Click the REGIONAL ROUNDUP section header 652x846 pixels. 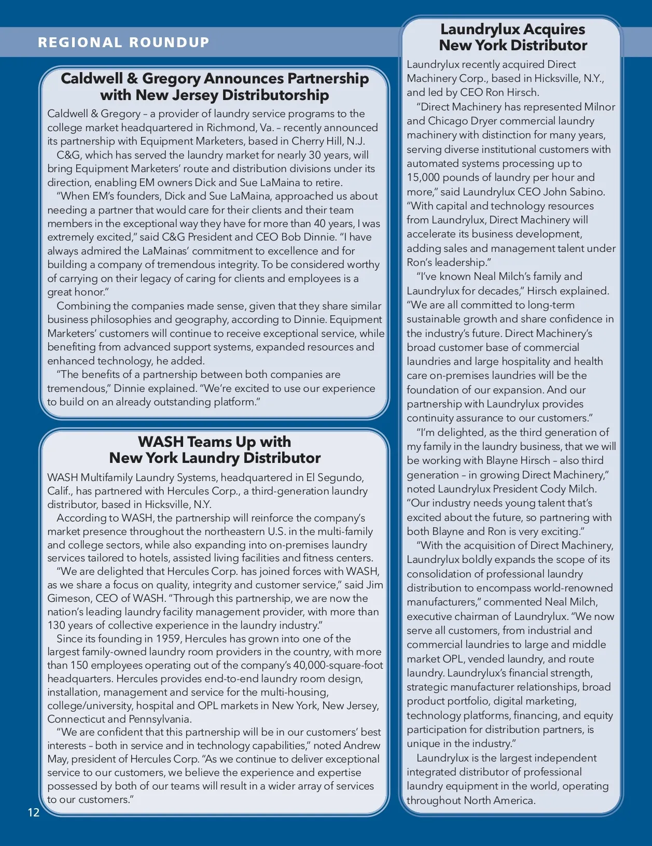click(123, 43)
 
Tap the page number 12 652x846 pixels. click(34, 812)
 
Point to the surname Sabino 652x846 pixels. click(586, 192)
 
